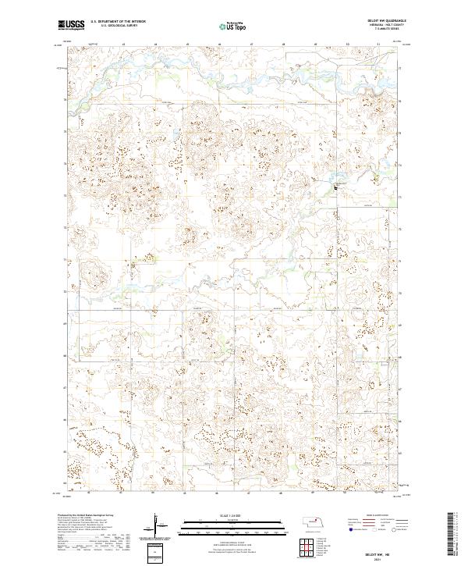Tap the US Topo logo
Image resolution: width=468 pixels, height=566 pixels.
click(234, 27)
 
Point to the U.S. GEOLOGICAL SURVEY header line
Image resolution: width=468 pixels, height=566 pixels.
click(112, 26)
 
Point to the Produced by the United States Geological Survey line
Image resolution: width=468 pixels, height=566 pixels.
click(87, 516)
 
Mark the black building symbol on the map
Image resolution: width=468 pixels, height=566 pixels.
click(337, 186)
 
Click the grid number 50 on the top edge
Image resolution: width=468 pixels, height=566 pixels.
click(348, 44)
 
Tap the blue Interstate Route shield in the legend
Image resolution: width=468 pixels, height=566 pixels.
click(346, 529)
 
